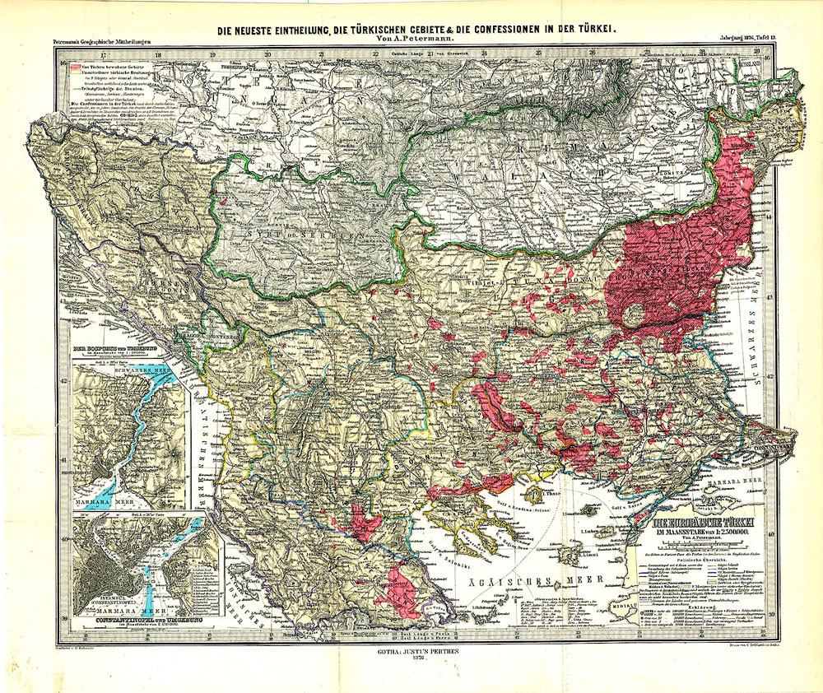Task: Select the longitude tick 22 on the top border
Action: point(375,57)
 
